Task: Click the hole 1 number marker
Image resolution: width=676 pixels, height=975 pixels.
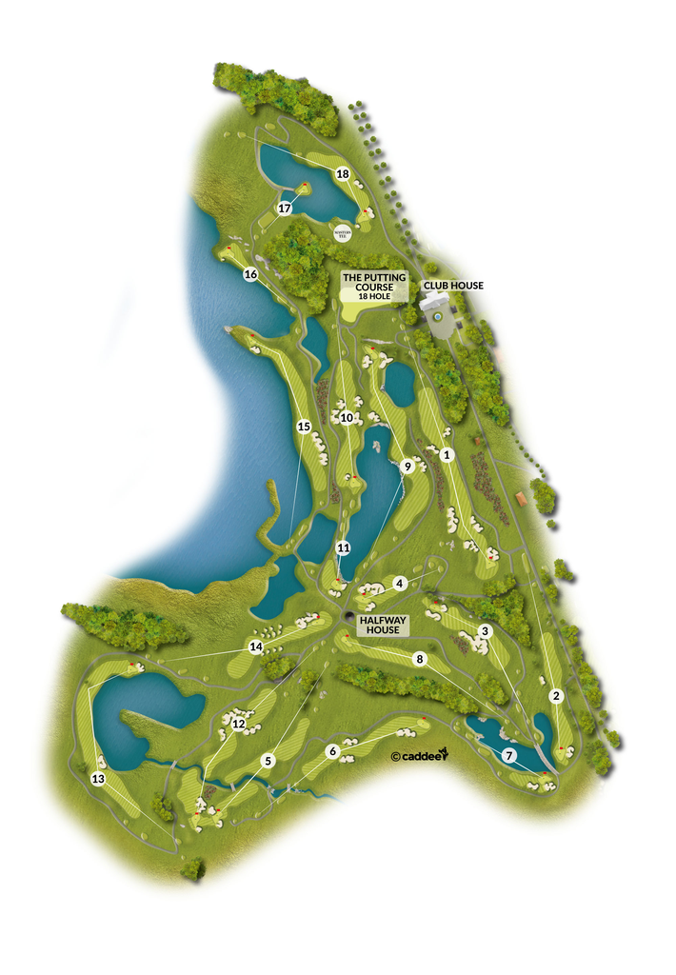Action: tap(446, 455)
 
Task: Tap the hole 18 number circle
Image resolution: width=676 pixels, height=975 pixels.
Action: tap(343, 173)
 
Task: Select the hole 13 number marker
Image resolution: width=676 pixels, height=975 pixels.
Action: tap(98, 779)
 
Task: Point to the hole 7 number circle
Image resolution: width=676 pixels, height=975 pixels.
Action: tap(509, 755)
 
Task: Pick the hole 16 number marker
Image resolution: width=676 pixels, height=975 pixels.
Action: tap(250, 274)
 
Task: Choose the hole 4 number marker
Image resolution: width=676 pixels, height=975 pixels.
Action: tap(401, 582)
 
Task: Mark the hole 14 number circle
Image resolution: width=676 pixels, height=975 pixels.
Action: tap(255, 647)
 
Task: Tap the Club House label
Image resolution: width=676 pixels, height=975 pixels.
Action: tap(453, 286)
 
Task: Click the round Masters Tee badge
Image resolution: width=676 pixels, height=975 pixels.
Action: tap(343, 231)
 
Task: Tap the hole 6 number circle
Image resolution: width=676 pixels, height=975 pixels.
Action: tap(332, 751)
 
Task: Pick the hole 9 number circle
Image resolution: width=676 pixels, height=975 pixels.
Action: tap(408, 467)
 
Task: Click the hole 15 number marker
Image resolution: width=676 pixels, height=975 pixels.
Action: tap(304, 426)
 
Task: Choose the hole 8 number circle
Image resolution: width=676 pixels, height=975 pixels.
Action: tap(419, 658)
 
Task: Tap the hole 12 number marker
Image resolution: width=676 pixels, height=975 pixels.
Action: tap(239, 725)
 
